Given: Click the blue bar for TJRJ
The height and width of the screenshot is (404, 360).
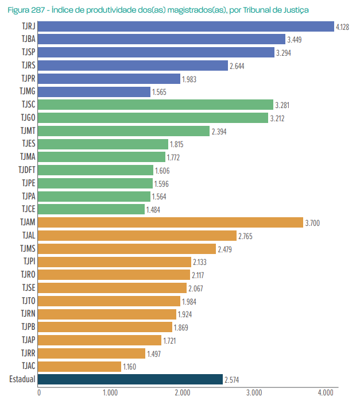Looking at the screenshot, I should coord(186,26).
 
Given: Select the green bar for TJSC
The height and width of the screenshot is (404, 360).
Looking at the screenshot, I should coord(156,105).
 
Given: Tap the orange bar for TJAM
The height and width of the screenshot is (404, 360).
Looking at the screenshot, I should coord(171,222).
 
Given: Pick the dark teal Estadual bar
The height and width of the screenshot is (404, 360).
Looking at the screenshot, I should coord(130,379).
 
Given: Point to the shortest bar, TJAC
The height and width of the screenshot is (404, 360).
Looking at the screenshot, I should coord(80,366).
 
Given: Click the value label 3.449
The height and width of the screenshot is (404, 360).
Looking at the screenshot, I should coord(295,40).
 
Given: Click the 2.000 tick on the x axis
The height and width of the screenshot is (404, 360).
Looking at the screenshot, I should coord(182,393).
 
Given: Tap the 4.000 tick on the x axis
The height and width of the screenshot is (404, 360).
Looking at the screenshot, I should coord(325,393).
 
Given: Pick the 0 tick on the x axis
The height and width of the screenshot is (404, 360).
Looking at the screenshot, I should coord(39,393).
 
